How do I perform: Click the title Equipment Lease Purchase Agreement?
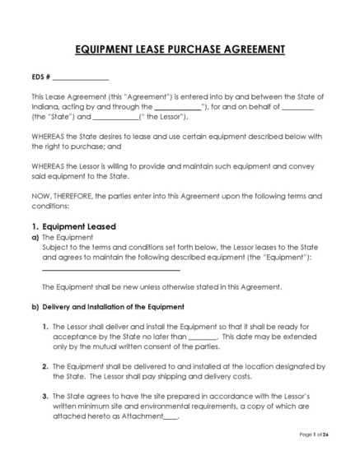tap(180, 50)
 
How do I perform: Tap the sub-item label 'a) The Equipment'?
tap(56, 237)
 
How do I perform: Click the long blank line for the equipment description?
tap(110, 268)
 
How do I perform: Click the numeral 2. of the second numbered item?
tap(44, 365)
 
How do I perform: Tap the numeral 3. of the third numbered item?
tap(44, 396)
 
